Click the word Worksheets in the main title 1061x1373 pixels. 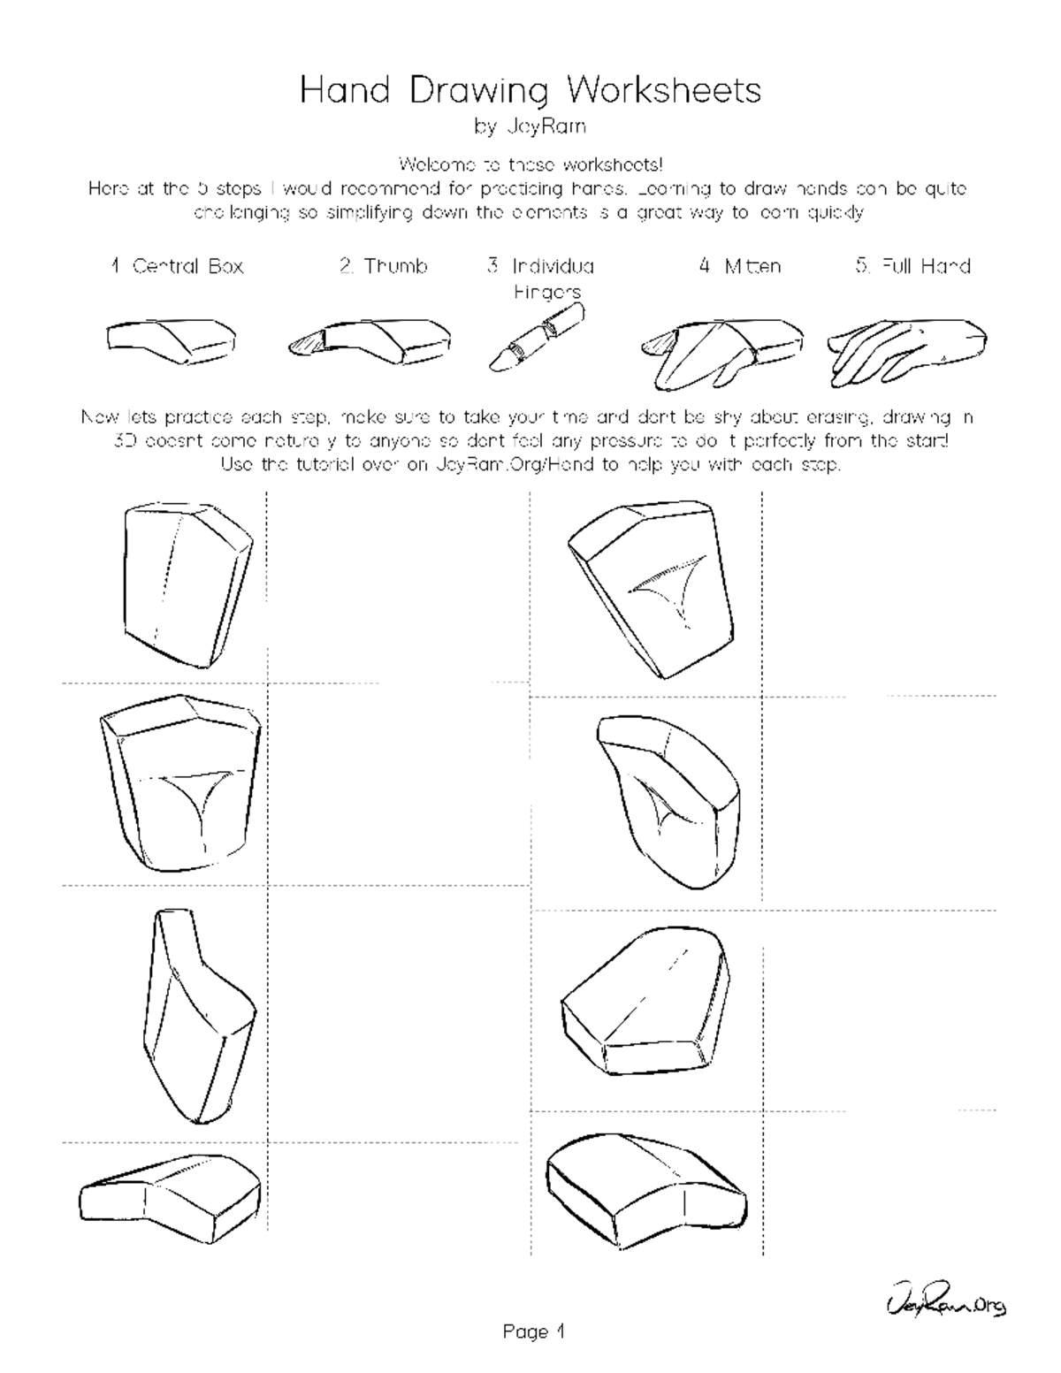point(663,90)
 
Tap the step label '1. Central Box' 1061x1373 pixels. point(177,266)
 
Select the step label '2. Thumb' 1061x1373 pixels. point(384,266)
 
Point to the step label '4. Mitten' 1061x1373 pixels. point(739,266)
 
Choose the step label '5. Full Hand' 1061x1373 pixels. point(912,266)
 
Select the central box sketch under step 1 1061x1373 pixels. point(172,340)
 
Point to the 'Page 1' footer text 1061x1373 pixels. point(533,1331)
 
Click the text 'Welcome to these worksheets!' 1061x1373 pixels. point(530,164)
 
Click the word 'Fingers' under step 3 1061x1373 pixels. point(547,291)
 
